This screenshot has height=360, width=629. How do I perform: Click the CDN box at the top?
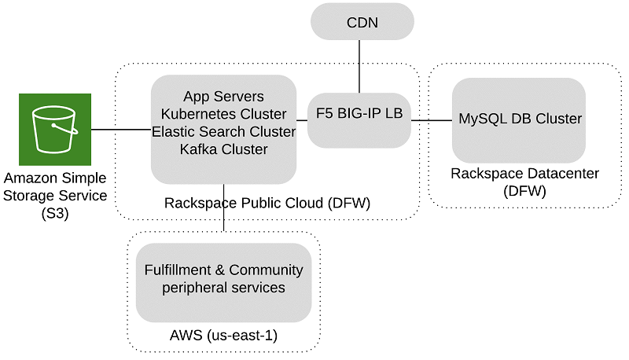362,22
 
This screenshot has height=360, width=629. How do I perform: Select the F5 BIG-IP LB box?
359,114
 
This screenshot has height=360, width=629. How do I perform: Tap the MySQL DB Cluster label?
520,119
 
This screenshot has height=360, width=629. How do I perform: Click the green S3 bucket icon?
53,129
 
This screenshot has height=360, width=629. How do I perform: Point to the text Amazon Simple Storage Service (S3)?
54,195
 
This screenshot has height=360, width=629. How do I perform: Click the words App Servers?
223,97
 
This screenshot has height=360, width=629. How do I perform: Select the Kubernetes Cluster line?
223,115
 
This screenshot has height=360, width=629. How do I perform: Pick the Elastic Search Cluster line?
223,132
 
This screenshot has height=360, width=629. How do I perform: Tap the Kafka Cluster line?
223,149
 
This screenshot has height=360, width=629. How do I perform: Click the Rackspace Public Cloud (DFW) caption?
267,204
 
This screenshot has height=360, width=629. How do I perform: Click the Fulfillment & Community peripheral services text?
223,279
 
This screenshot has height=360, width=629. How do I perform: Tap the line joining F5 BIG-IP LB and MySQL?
432,120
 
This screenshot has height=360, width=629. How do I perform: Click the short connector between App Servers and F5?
301,120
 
